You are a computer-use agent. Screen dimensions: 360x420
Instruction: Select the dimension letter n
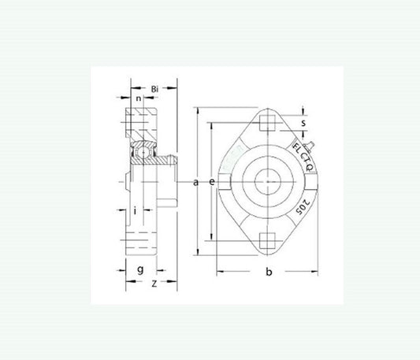[139, 99]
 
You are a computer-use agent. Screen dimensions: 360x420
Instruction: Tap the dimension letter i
[136, 210]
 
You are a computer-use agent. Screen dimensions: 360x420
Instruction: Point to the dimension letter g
[139, 270]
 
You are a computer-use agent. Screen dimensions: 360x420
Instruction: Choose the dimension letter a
[195, 183]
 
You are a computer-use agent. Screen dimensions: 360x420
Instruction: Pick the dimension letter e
[213, 183]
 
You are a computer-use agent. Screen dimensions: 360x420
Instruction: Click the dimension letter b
[269, 273]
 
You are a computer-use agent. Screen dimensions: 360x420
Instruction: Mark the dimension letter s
[303, 123]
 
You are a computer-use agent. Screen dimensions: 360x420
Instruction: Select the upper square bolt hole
[269, 122]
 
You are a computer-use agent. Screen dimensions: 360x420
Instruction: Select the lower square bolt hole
[269, 241]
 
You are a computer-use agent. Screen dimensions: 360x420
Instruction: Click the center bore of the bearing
[269, 182]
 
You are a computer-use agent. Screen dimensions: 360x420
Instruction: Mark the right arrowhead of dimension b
[319, 272]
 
